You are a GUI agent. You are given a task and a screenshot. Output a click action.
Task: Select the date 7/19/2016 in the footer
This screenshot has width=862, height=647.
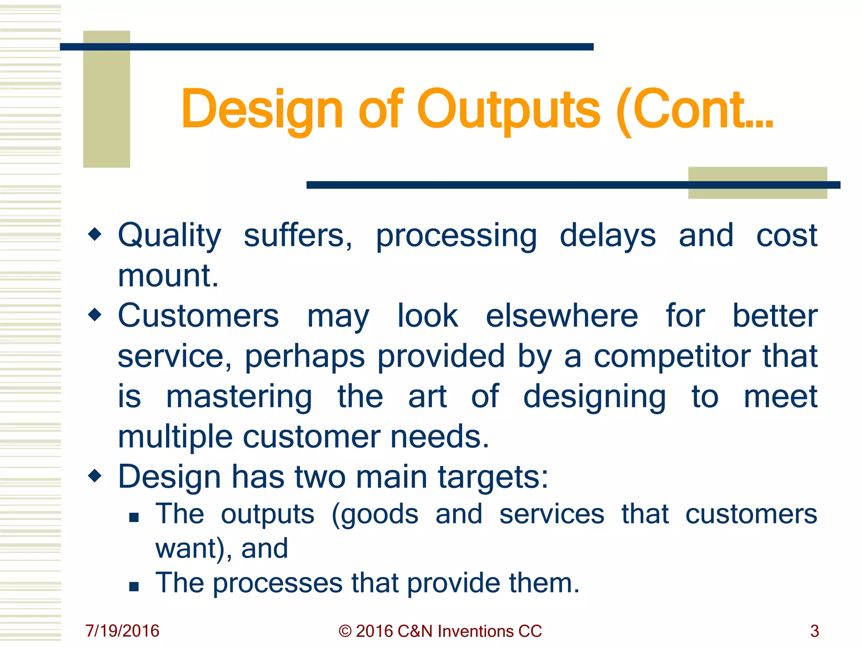pyautogui.click(x=122, y=631)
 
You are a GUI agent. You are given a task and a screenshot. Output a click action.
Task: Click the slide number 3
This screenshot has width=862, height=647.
pyautogui.click(x=814, y=631)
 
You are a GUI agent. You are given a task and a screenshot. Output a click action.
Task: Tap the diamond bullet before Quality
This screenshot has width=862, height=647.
pyautogui.click(x=95, y=234)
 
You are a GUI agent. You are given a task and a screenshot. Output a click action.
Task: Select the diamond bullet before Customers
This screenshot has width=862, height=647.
pyautogui.click(x=95, y=314)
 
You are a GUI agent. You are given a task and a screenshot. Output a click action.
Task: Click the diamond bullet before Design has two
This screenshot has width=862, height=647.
pyautogui.click(x=95, y=476)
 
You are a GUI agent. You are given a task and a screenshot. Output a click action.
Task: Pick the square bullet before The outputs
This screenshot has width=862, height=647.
pyautogui.click(x=134, y=517)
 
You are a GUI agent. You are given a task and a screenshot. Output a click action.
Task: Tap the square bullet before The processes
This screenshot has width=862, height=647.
pyautogui.click(x=134, y=586)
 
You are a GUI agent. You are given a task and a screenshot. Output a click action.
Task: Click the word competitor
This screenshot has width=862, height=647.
pyautogui.click(x=672, y=356)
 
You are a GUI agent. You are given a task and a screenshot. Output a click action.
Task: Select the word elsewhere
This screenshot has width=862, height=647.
pyautogui.click(x=562, y=316)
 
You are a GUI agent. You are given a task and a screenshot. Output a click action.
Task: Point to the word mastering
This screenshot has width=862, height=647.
pyautogui.click(x=239, y=397)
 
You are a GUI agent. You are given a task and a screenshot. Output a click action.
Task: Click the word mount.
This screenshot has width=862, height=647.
pyautogui.click(x=168, y=275)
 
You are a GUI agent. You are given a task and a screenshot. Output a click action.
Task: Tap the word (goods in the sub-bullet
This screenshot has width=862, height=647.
pyautogui.click(x=375, y=515)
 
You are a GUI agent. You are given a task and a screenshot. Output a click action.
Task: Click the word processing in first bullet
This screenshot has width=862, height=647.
pyautogui.click(x=456, y=236)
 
